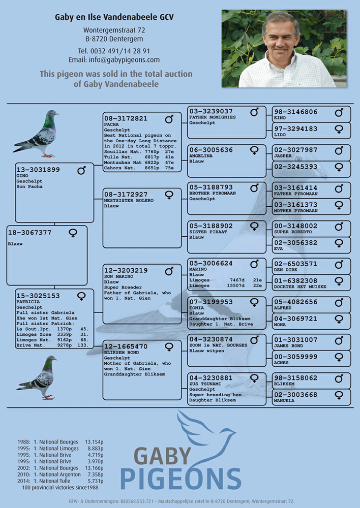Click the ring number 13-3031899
pyautogui.click(x=38, y=170)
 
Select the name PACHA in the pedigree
pyautogui.click(x=111, y=124)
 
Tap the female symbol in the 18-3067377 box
pyautogui.click(x=73, y=233)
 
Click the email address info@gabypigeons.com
pyautogui.click(x=114, y=59)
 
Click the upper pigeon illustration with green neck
pyautogui.click(x=36, y=134)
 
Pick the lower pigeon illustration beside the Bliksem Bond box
pyautogui.click(x=37, y=377)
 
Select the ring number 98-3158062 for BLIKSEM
pyautogui.click(x=296, y=378)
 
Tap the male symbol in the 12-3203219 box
pyautogui.click(x=169, y=271)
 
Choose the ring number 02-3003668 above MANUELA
pyautogui.click(x=296, y=395)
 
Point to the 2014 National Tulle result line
pyautogui.click(x=61, y=481)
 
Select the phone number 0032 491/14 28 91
pyautogui.click(x=114, y=51)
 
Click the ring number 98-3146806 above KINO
pyautogui.click(x=296, y=112)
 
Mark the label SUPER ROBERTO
pyautogui.click(x=293, y=232)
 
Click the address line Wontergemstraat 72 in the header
pyautogui.click(x=114, y=30)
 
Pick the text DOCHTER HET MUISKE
pyautogui.click(x=300, y=287)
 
